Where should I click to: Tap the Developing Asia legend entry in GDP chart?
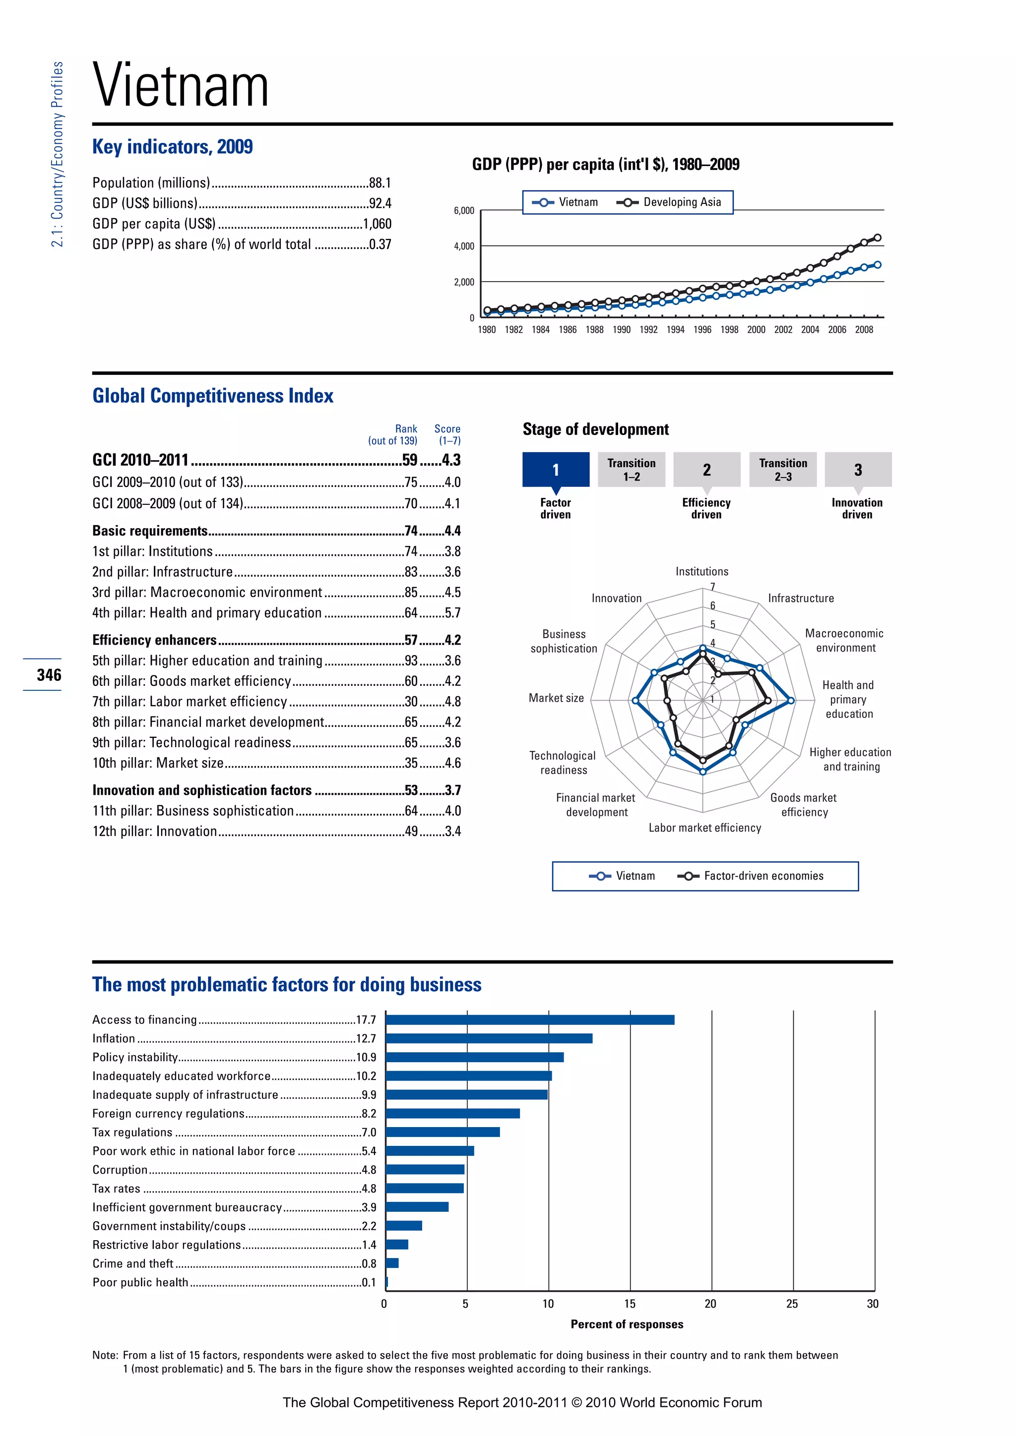pyautogui.click(x=669, y=202)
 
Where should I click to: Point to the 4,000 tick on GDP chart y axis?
pyautogui.click(x=464, y=246)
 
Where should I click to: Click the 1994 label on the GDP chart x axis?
pyautogui.click(x=675, y=330)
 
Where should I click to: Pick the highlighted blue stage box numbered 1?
pyautogui.click(x=556, y=470)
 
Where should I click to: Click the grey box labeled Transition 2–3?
pyautogui.click(x=783, y=470)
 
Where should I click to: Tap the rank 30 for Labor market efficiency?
pyautogui.click(x=411, y=702)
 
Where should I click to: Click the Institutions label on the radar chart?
pyautogui.click(x=701, y=572)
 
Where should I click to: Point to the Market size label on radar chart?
pyautogui.click(x=556, y=698)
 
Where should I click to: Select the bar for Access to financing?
pyautogui.click(x=529, y=1020)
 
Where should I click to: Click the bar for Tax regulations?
pyautogui.click(x=443, y=1132)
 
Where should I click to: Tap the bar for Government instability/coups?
pyautogui.click(x=403, y=1226)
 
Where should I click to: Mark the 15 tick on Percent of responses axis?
pyautogui.click(x=630, y=1304)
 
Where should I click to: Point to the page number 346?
pyautogui.click(x=49, y=675)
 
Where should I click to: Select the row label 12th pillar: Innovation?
pyautogui.click(x=154, y=831)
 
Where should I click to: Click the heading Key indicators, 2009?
pyautogui.click(x=173, y=147)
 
